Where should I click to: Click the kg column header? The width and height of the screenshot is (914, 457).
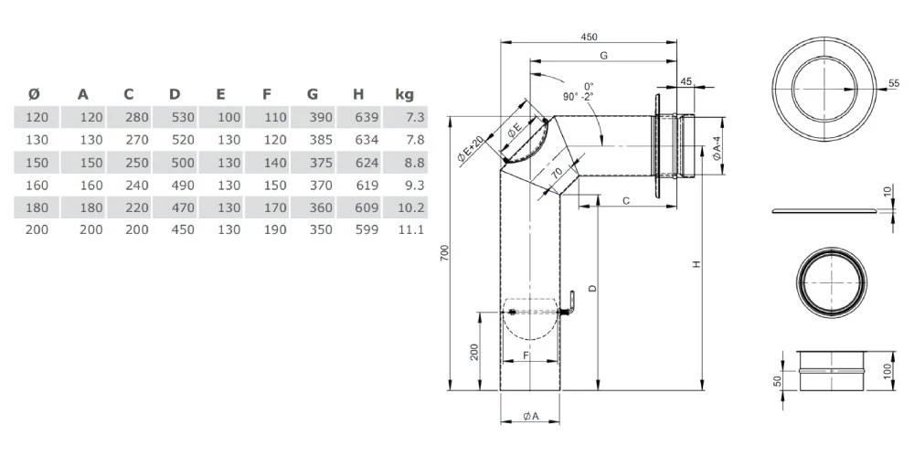point(404,93)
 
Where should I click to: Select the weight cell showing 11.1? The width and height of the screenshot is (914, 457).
point(411,229)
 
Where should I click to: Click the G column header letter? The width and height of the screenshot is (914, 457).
point(313,93)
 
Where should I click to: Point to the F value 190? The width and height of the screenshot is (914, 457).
point(274,229)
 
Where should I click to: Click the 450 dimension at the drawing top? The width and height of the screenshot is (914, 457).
point(590,37)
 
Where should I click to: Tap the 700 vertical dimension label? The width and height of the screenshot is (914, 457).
point(445,254)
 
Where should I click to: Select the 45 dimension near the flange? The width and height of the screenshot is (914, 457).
point(686,81)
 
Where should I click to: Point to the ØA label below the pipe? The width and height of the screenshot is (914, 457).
point(531,417)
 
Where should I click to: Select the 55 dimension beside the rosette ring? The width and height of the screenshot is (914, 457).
point(893,83)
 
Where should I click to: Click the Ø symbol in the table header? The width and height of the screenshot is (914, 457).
point(34,93)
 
